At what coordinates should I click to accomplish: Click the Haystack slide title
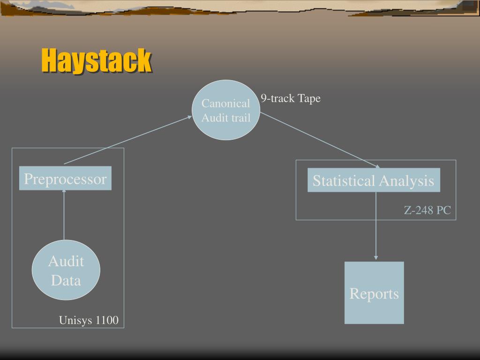96,60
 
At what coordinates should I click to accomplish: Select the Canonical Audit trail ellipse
226,110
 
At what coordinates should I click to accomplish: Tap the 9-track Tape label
291,98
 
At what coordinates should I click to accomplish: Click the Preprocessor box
65,179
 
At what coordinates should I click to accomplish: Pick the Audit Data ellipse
66,270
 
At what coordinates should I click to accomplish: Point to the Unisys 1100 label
89,320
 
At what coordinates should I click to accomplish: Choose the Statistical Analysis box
374,180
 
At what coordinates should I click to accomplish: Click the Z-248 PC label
427,210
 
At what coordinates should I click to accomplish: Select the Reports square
374,293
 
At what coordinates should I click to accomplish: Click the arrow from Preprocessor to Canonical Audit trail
127,140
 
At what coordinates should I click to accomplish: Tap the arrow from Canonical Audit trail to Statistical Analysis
320,139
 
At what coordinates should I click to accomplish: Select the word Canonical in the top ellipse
226,104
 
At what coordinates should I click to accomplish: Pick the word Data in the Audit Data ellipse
66,281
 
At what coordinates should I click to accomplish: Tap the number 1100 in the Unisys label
107,320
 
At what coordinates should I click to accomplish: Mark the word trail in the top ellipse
240,118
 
